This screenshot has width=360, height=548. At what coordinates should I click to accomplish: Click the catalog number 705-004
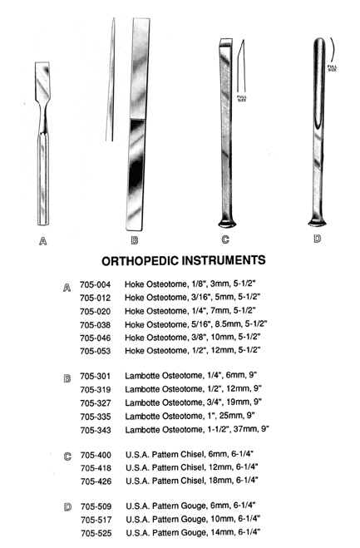[x=95, y=284]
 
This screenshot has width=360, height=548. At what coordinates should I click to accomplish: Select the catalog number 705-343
[x=96, y=430]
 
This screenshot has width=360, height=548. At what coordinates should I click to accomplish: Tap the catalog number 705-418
[x=96, y=468]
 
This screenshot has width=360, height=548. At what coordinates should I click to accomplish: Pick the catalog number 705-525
[x=96, y=533]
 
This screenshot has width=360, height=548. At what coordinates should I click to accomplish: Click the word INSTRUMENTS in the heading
[x=224, y=260]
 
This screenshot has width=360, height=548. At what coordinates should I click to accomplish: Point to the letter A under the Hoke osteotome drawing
[x=42, y=241]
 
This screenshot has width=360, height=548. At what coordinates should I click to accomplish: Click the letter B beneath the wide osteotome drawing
[x=134, y=240]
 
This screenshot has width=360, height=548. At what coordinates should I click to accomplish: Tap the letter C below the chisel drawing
[x=225, y=239]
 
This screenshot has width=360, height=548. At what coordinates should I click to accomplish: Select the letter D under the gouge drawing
[x=318, y=239]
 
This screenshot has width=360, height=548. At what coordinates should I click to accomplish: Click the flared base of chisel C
[x=227, y=223]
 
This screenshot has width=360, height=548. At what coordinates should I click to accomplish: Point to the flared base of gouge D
[x=317, y=222]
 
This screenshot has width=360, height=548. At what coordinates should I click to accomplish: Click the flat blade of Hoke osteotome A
[x=42, y=81]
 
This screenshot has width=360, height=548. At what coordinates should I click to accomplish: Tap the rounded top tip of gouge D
[x=319, y=42]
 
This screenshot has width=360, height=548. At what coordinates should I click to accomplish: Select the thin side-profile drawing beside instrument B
[x=111, y=80]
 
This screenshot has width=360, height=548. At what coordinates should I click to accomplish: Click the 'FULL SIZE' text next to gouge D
[x=332, y=68]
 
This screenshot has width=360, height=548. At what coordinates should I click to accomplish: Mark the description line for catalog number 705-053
[x=193, y=350]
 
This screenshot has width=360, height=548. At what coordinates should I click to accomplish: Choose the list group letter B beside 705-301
[x=67, y=378]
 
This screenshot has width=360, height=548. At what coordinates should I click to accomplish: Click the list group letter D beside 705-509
[x=68, y=506]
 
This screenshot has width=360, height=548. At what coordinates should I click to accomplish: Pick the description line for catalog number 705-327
[x=193, y=402]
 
